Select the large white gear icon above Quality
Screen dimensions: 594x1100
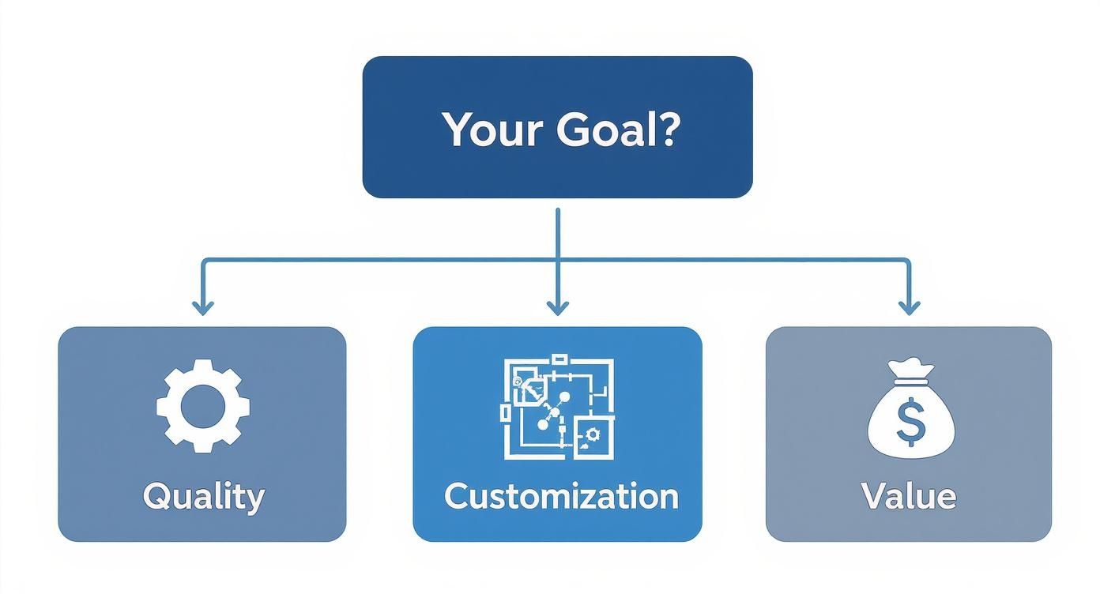point(202,405)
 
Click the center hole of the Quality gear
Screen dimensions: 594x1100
point(202,406)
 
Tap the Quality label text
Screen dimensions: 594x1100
point(203,497)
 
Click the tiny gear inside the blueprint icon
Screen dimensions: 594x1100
point(591,434)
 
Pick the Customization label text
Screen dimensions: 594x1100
point(560,496)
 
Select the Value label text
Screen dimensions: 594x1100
point(909,496)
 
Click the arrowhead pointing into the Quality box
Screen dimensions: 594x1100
point(203,308)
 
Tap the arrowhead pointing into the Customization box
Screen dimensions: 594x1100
point(558,308)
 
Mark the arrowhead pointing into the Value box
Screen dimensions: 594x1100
point(910,308)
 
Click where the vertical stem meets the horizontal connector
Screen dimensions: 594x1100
point(558,259)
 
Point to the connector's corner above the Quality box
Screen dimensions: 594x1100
point(204,260)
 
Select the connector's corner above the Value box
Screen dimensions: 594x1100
point(909,260)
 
